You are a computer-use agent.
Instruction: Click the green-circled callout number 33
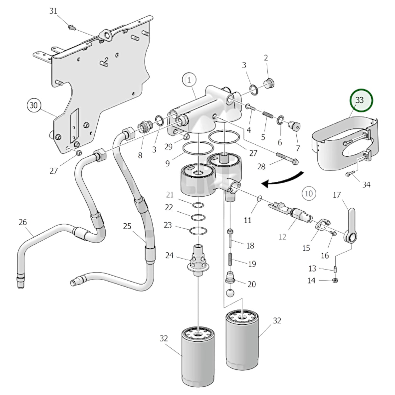point(361,100)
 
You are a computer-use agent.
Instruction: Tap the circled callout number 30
point(34,105)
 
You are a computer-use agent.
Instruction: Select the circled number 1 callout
point(189,80)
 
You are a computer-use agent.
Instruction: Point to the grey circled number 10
point(309,194)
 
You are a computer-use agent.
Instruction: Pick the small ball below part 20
point(230,292)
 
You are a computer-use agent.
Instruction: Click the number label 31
point(53,11)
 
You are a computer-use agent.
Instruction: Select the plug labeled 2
point(268,83)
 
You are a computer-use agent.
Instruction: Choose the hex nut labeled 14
point(335,280)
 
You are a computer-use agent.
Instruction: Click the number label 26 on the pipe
point(23,222)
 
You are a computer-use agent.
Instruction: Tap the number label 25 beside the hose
point(127,226)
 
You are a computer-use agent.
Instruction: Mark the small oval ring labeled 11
point(259,198)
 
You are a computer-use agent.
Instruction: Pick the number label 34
point(366,185)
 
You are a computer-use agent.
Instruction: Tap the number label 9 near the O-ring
point(168,163)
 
